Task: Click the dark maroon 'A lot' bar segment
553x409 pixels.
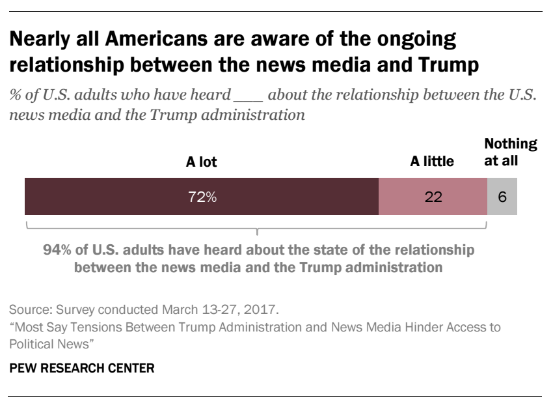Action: (130, 196)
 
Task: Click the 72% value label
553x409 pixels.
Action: (202, 197)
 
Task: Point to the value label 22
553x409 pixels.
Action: (433, 197)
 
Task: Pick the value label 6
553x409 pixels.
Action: (502, 197)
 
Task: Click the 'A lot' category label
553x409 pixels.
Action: (202, 162)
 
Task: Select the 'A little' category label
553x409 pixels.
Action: (432, 162)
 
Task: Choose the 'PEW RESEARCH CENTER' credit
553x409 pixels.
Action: (81, 369)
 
